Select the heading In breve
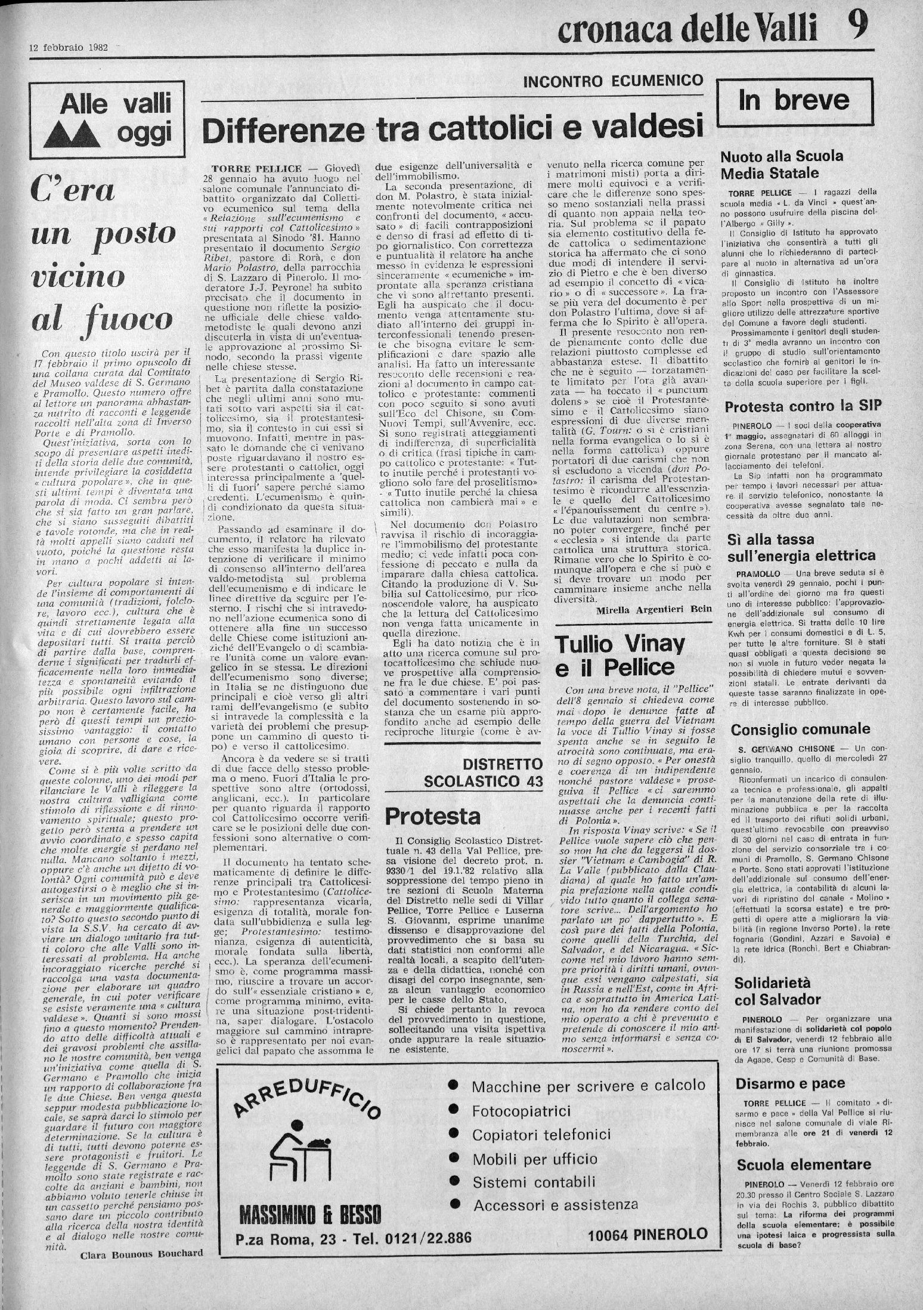[794, 100]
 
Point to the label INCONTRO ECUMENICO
[613, 82]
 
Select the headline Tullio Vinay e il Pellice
[620, 655]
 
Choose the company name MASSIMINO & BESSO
[309, 1229]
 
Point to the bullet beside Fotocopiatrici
[454, 1111]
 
